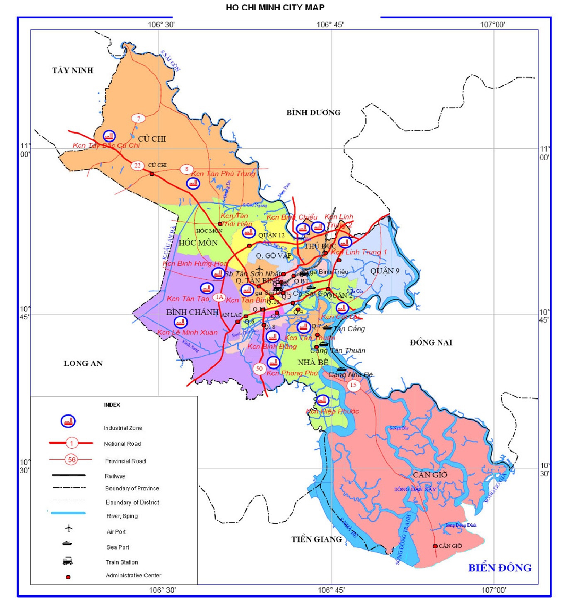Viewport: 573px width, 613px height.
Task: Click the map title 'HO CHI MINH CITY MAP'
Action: point(275,7)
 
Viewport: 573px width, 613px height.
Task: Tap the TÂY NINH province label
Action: point(73,70)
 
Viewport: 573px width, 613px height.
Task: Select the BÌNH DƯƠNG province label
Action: point(313,112)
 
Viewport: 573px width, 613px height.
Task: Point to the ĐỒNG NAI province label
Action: point(431,342)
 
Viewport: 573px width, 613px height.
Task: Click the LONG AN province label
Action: point(83,363)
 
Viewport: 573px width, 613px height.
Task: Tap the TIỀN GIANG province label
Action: point(316,539)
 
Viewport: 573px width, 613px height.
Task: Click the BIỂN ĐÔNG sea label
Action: point(500,568)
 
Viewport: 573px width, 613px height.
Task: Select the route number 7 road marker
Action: point(139,118)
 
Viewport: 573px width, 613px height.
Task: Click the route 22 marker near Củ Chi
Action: point(137,165)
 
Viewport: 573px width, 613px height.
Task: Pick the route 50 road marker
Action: point(259,369)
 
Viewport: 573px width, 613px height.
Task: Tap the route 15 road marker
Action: point(353,385)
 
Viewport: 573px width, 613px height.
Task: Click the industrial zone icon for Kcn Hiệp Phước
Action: point(322,400)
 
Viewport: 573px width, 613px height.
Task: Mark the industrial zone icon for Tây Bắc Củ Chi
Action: point(109,136)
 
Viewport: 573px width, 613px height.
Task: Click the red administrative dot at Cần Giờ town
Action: point(435,546)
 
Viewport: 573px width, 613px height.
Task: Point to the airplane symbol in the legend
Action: point(68,528)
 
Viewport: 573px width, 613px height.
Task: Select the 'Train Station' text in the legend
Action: point(122,562)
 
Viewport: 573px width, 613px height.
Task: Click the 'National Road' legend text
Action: point(122,444)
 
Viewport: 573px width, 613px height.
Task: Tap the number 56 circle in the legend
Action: point(72,459)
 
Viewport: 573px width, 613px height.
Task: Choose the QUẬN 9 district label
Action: point(385,271)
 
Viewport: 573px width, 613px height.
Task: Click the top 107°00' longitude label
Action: point(493,24)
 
